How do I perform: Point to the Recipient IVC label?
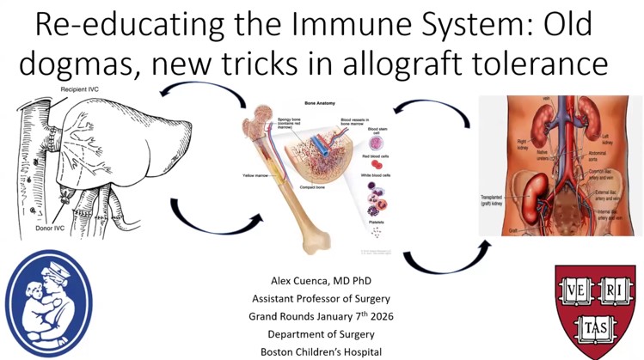[x=82, y=89]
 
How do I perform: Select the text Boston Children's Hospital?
[x=322, y=351]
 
